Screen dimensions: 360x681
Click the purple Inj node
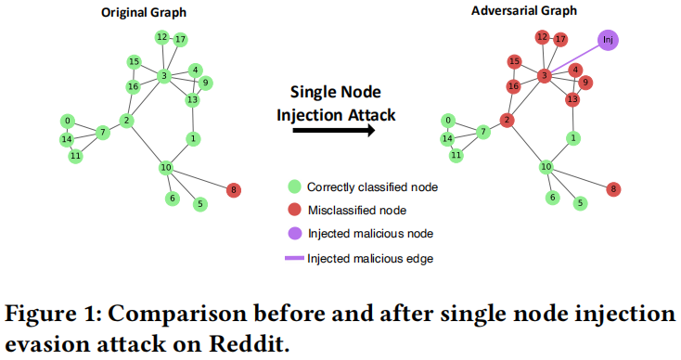point(608,40)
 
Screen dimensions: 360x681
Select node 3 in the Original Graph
point(163,75)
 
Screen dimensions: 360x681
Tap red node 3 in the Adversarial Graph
point(546,75)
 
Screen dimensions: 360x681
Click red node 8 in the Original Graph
point(233,189)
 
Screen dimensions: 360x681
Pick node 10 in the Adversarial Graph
point(547,167)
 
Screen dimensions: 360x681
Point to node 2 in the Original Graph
point(126,120)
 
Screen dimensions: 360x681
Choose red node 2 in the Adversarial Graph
point(507,120)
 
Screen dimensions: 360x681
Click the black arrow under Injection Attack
point(333,131)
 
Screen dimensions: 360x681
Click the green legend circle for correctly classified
point(294,186)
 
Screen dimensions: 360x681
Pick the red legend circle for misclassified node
point(294,211)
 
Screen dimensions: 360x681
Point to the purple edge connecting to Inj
point(575,58)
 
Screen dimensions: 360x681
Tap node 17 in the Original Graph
point(180,39)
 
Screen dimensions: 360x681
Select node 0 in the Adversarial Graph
point(449,121)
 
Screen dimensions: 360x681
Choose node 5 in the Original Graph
point(199,203)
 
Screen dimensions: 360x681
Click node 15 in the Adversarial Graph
point(514,61)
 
